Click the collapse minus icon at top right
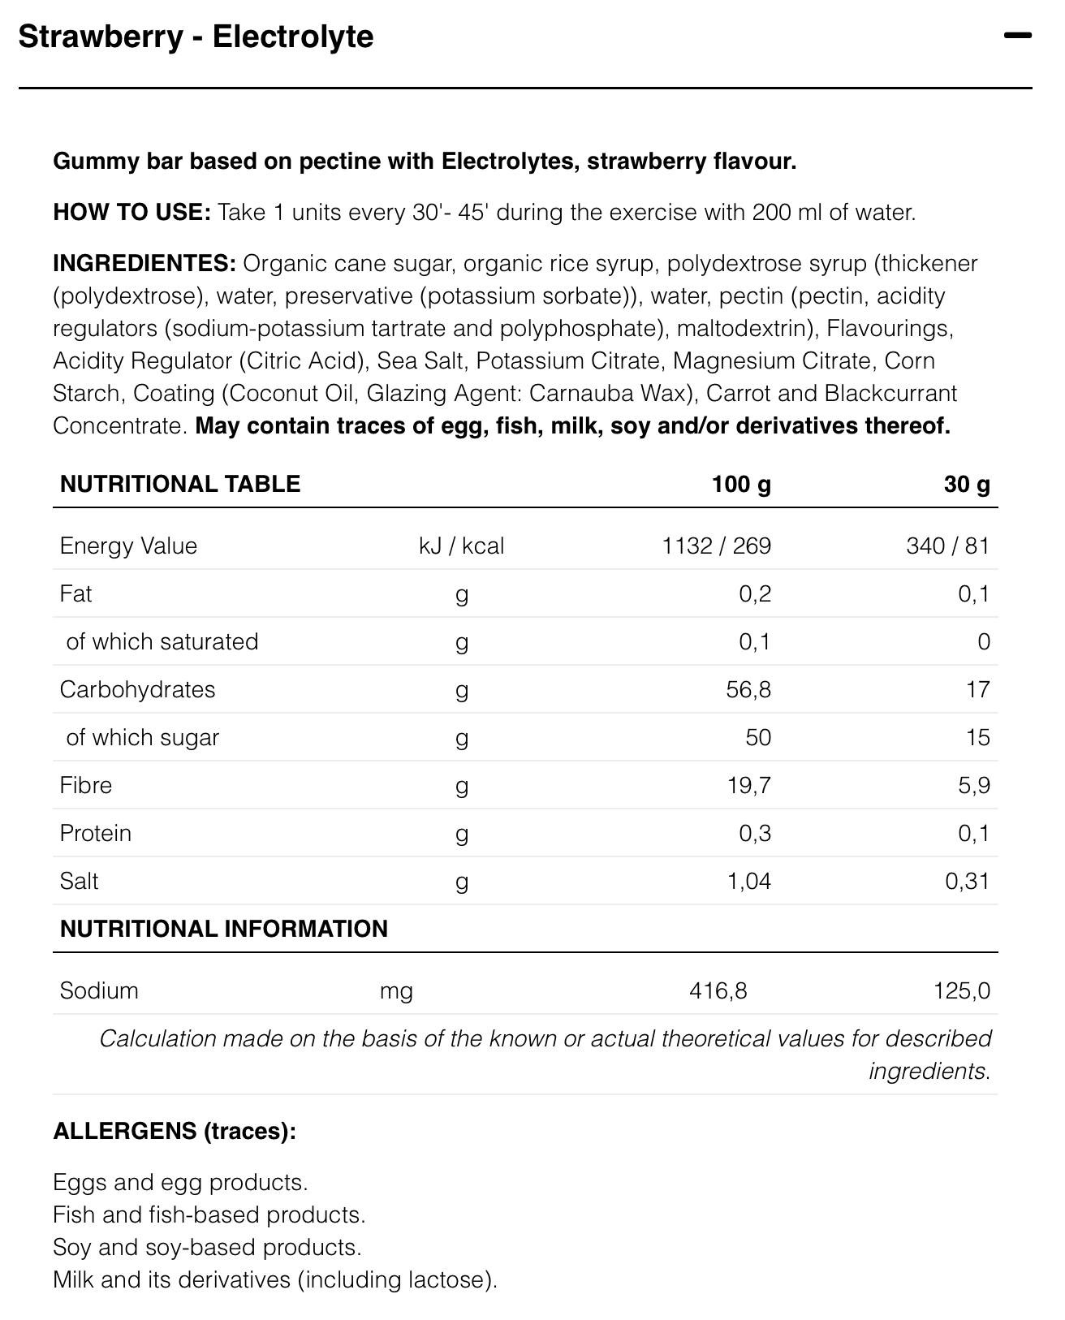[1017, 36]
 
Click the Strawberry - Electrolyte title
[196, 37]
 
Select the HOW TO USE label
[132, 213]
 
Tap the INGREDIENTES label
[144, 264]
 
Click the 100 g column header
[741, 485]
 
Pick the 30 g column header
[967, 485]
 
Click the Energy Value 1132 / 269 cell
[716, 546]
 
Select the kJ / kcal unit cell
[461, 546]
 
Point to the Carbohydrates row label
[138, 690]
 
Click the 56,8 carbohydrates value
[748, 690]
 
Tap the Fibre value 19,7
[748, 786]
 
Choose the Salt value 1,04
[748, 882]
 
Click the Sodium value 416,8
[718, 991]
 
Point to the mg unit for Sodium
[396, 991]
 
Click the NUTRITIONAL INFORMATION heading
[224, 930]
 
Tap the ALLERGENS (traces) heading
[175, 1131]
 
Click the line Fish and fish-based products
[209, 1215]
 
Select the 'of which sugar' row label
[143, 738]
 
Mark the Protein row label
[96, 834]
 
